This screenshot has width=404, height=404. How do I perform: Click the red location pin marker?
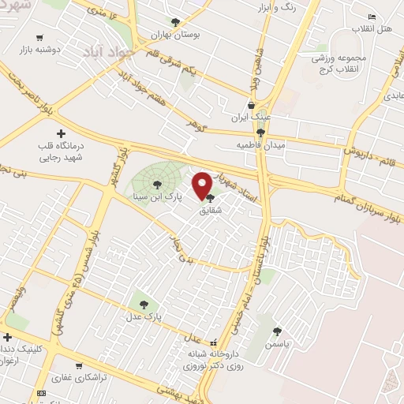(204, 185)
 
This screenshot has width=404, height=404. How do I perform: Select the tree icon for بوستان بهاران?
(175, 24)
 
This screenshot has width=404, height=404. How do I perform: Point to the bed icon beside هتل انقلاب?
(372, 16)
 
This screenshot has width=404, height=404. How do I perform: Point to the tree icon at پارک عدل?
(143, 302)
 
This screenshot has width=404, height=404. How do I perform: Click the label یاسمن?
(277, 344)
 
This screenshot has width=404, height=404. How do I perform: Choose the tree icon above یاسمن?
(277, 331)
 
